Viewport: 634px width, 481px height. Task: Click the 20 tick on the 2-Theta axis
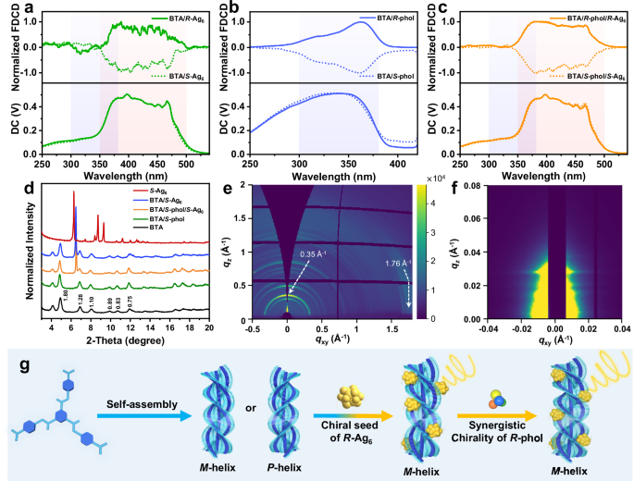[x=209, y=328]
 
